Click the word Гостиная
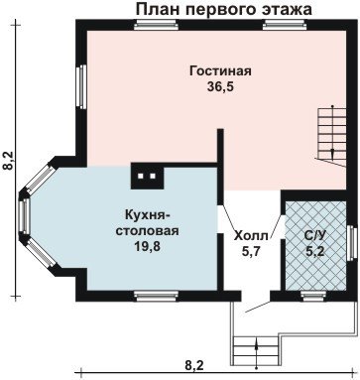(220, 71)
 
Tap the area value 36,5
(220, 86)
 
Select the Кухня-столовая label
(147, 222)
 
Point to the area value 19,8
(147, 246)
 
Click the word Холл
(251, 236)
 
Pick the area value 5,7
(252, 252)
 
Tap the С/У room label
(315, 236)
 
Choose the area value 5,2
(315, 252)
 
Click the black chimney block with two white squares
(147, 176)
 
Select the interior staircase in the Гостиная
(331, 136)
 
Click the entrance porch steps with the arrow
(256, 350)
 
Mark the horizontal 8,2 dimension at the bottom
(194, 366)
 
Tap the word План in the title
(158, 9)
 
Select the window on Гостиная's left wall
(81, 86)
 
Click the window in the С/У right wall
(352, 242)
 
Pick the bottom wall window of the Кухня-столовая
(157, 296)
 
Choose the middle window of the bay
(25, 215)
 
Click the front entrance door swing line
(258, 307)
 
